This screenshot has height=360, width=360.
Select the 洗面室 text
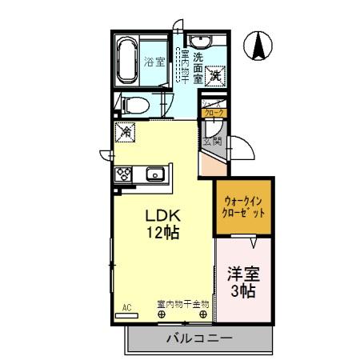point(198,69)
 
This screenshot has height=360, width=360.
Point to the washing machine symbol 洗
point(215,76)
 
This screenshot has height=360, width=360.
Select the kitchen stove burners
point(125,174)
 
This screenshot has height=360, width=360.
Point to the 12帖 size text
point(162,234)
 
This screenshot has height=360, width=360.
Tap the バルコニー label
point(199,338)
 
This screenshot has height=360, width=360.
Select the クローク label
point(214,113)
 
